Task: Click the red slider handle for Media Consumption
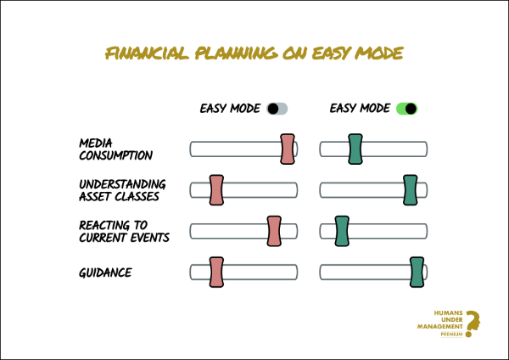[288, 149]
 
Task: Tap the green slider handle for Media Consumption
[355, 149]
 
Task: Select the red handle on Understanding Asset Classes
[216, 190]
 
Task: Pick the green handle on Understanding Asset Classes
[411, 190]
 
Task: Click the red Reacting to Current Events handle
[274, 231]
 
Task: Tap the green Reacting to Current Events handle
[342, 231]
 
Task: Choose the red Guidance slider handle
[216, 273]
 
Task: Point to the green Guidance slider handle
[417, 273]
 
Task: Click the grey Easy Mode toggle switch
[277, 109]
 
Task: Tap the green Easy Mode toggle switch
[406, 109]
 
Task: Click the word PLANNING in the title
[237, 53]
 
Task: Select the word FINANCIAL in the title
[147, 53]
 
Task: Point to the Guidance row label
[105, 273]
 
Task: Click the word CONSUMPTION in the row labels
[116, 155]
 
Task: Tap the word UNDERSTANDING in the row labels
[122, 184]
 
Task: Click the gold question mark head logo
[473, 323]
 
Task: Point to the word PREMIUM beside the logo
[451, 334]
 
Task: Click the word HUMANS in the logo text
[448, 313]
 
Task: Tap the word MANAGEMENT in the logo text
[439, 326]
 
